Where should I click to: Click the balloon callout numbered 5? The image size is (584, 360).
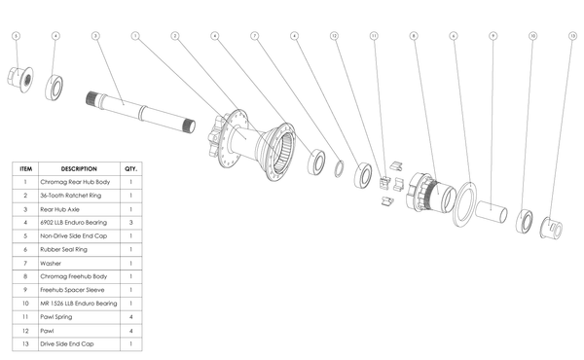[16, 36]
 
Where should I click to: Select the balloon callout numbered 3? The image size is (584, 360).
[95, 36]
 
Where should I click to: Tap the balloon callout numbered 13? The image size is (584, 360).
[572, 36]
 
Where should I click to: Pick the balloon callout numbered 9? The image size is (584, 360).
[493, 36]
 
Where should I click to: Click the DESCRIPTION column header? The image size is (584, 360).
[79, 167]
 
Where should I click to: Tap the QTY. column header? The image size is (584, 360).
[131, 167]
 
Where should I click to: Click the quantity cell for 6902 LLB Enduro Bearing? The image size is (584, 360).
[131, 222]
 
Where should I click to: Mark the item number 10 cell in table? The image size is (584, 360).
[23, 303]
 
